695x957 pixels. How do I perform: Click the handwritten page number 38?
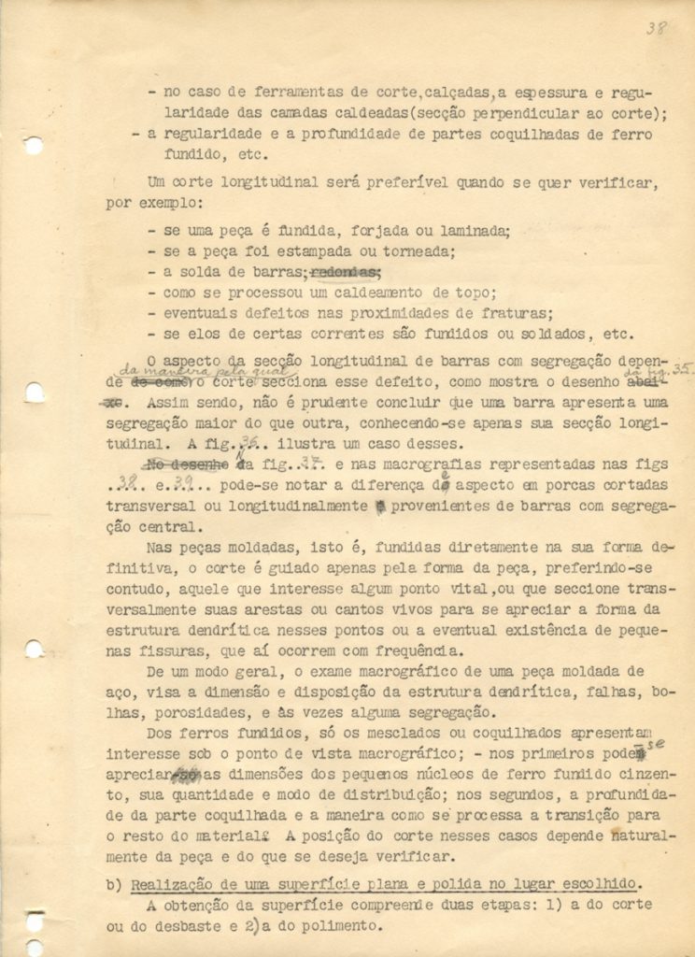(x=656, y=28)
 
